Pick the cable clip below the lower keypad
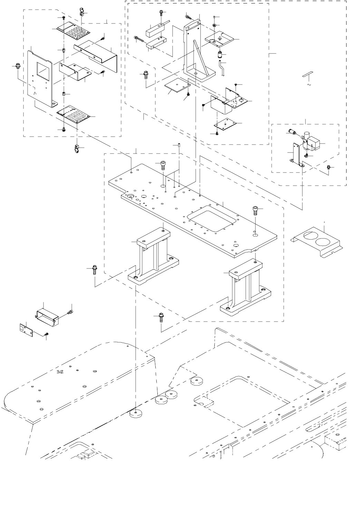point(76,150)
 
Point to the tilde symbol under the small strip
point(308,84)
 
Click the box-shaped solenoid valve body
point(314,143)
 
